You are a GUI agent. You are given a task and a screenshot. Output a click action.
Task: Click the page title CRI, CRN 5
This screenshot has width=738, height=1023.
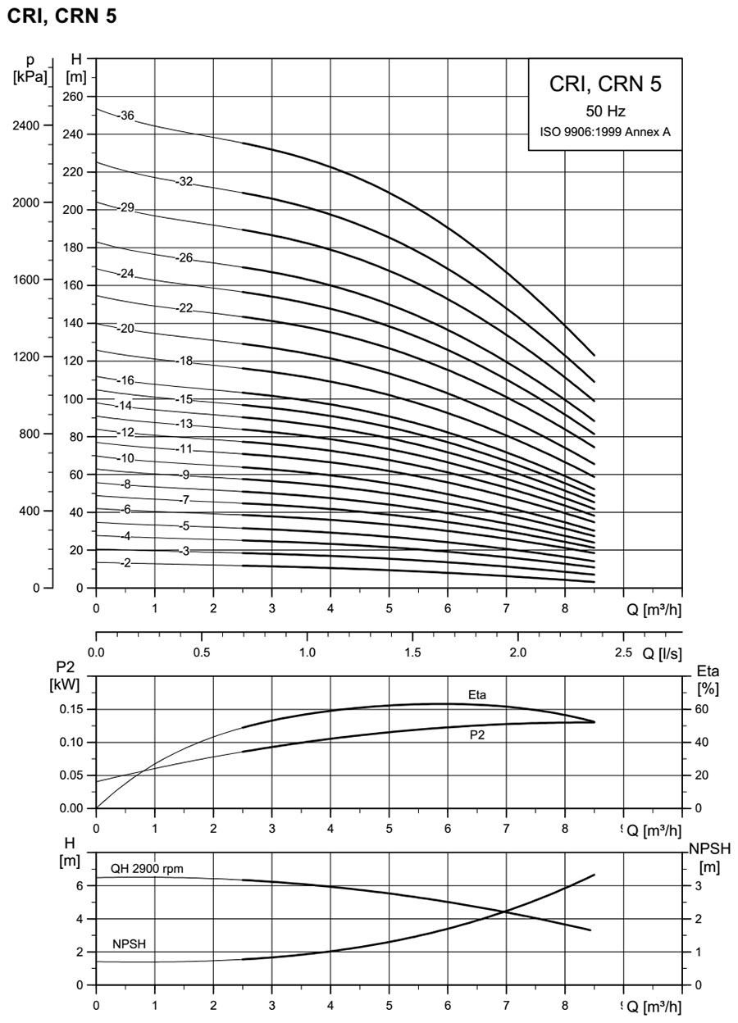pos(61,16)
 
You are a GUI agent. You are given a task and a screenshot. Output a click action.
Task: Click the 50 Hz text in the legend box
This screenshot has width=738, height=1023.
pos(605,111)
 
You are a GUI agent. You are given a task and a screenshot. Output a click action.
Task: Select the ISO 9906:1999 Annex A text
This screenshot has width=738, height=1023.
pos(605,131)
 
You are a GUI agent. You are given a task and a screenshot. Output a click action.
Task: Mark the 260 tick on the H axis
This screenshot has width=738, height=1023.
pos(73,97)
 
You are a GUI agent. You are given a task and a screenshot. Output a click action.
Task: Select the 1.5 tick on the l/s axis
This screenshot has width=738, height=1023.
pos(412,652)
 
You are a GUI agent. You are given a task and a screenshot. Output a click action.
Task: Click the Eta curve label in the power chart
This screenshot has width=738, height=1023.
pos(477,695)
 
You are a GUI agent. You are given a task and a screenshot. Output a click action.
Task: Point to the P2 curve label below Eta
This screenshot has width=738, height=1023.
pos(476,735)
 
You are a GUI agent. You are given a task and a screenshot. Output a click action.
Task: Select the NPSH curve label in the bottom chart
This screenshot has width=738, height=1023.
pos(129,945)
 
